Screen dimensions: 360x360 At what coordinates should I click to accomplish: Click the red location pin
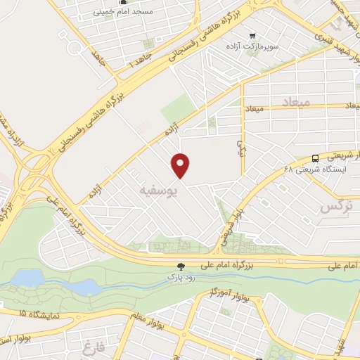(181, 165)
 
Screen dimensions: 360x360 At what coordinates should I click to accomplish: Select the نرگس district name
(335, 207)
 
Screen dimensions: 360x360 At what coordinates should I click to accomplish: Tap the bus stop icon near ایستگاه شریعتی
(315, 158)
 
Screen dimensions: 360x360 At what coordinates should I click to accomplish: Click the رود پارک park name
(183, 277)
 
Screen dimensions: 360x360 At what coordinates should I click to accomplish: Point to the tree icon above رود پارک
(183, 266)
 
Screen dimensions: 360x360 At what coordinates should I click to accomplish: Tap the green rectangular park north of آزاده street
(178, 109)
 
